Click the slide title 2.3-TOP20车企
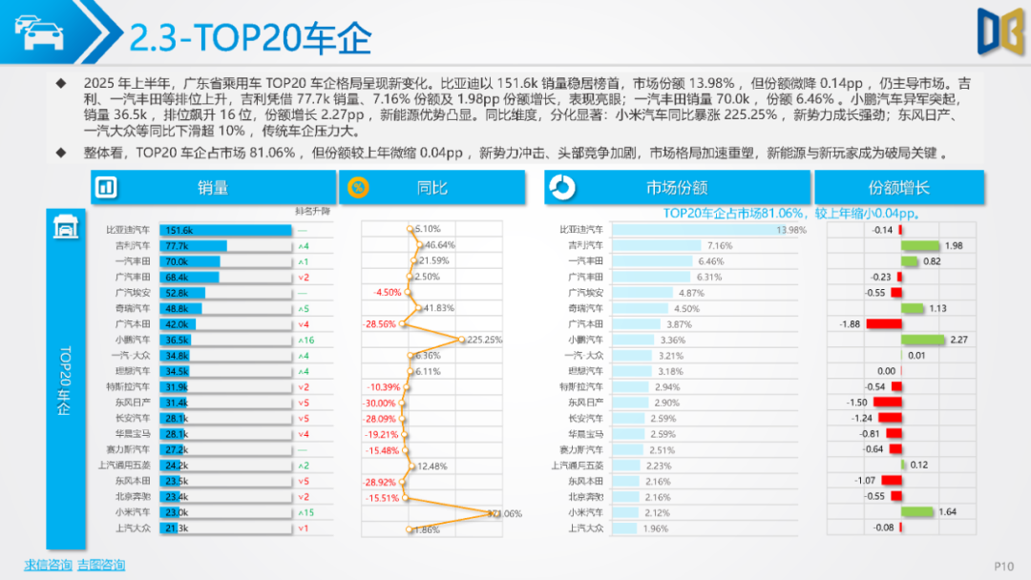(250, 38)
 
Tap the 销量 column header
(213, 188)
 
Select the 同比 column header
(431, 188)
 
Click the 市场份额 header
(677, 188)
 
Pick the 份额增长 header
(898, 188)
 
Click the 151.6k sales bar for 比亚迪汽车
(225, 230)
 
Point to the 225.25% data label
(486, 340)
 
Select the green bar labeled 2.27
(923, 340)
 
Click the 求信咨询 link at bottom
(48, 565)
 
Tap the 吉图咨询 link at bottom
(101, 565)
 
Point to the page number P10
(1003, 566)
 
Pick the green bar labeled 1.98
(920, 245)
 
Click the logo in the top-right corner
(999, 31)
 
